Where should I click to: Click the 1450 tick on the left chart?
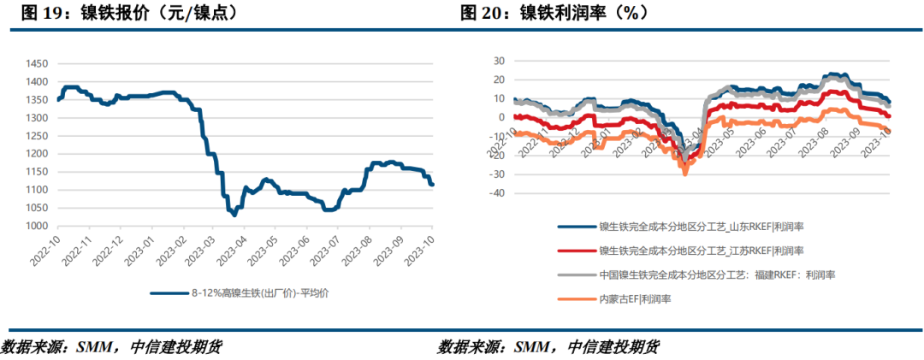(x=37, y=63)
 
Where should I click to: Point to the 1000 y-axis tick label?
(x=37, y=227)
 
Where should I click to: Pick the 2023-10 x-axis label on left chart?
(x=424, y=251)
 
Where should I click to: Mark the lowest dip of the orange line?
(x=684, y=174)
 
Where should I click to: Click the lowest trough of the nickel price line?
(x=234, y=215)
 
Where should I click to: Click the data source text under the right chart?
(x=548, y=346)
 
